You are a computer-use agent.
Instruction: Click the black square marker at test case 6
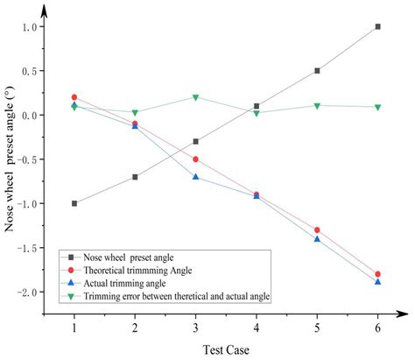click(377, 27)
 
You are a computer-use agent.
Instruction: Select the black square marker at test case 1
click(74, 203)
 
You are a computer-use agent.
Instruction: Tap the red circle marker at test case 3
click(195, 159)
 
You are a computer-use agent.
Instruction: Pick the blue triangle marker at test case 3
click(195, 177)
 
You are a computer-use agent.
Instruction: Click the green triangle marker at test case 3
click(195, 97)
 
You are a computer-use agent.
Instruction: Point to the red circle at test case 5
click(317, 229)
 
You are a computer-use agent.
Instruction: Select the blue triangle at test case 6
click(377, 282)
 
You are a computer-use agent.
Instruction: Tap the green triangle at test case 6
click(377, 107)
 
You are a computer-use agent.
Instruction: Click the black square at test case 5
click(317, 71)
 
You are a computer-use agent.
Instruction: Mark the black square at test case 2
click(135, 177)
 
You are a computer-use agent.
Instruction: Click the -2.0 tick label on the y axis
click(31, 292)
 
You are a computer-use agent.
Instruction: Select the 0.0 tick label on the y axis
click(32, 116)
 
